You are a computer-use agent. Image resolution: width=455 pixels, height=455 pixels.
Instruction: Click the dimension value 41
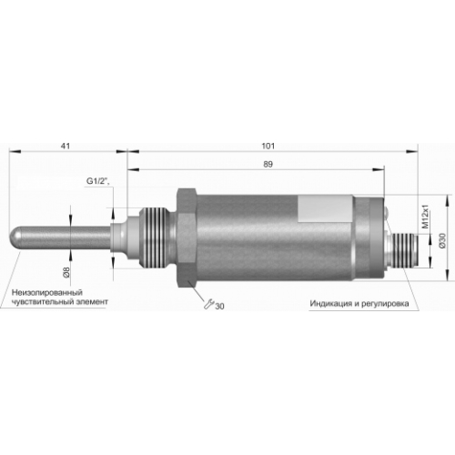coord(66,146)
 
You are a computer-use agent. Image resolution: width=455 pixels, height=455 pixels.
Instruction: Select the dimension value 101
coord(268,146)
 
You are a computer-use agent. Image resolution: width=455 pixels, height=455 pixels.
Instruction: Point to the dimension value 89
coord(268,164)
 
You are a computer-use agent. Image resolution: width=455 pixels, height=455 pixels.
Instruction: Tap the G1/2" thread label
coord(97,181)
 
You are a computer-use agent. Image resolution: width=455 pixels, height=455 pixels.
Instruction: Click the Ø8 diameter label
coord(66,272)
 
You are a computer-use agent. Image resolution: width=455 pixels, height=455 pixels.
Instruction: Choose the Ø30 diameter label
coord(443,241)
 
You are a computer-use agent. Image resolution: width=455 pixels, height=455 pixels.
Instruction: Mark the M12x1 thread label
coord(426,217)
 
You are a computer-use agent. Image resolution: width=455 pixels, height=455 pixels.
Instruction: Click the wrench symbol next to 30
coord(208,304)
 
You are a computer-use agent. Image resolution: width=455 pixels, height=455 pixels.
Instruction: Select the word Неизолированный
coord(47,293)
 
